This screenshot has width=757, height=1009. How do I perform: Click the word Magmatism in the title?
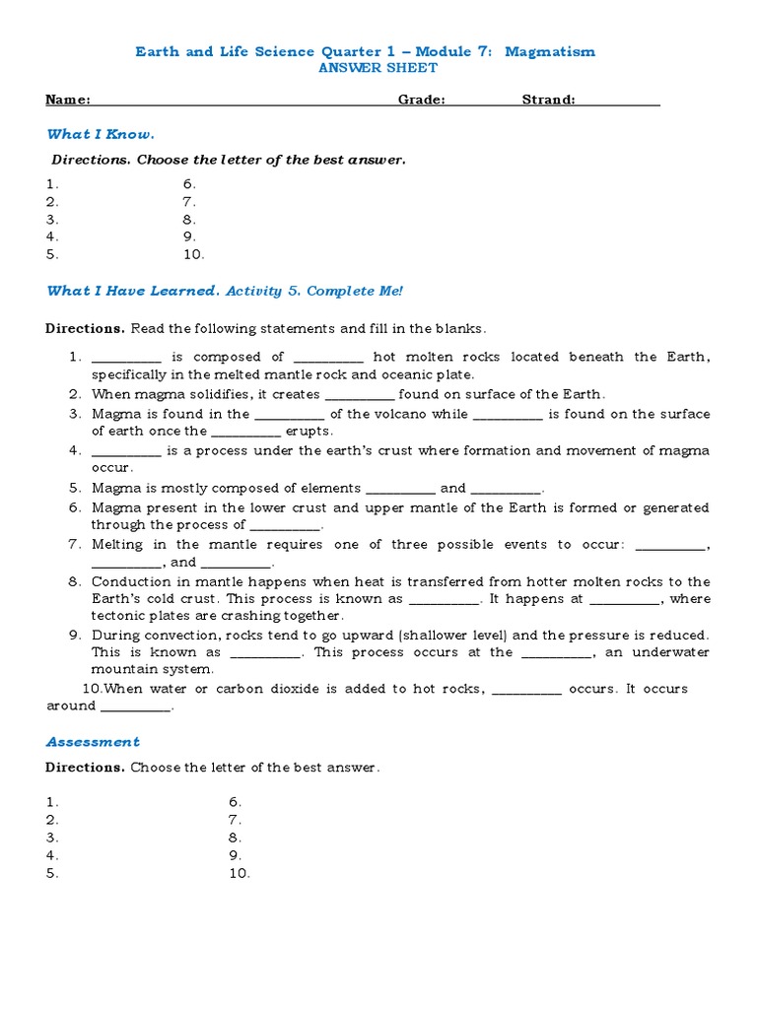[x=550, y=51]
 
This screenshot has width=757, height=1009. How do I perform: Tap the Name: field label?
[x=68, y=100]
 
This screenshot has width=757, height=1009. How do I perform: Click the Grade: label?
[x=422, y=100]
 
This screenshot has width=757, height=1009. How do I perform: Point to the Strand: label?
[x=549, y=100]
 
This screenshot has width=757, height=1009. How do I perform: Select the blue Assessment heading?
[x=93, y=742]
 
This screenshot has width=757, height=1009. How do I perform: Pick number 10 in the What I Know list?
[x=193, y=254]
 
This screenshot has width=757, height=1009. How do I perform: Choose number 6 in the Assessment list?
[x=236, y=802]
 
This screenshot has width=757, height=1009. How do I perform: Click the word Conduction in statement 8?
[x=128, y=581]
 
